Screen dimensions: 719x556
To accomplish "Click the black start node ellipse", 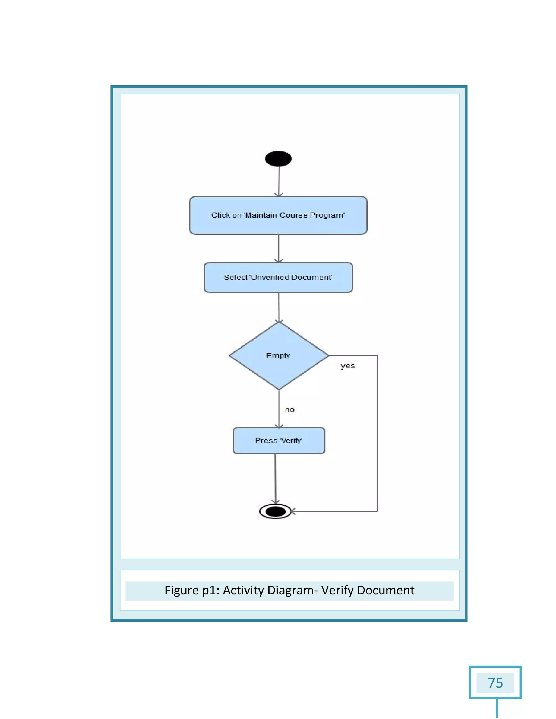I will pos(278,159).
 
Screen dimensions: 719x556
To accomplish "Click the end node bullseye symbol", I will pos(275,511).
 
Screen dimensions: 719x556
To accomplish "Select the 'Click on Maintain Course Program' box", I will pos(278,215).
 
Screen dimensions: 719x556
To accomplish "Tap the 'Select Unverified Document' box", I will pos(278,277).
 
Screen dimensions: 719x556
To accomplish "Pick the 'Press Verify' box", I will pos(279,440).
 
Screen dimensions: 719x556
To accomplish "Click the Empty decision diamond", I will pos(279,355).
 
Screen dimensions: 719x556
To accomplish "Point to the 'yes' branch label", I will pos(347,366).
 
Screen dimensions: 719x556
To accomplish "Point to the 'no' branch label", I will pos(289,409).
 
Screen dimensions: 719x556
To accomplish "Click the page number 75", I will pos(495,683).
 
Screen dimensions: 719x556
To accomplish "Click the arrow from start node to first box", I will pos(279,181).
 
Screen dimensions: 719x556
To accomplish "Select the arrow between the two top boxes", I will pos(279,248).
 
